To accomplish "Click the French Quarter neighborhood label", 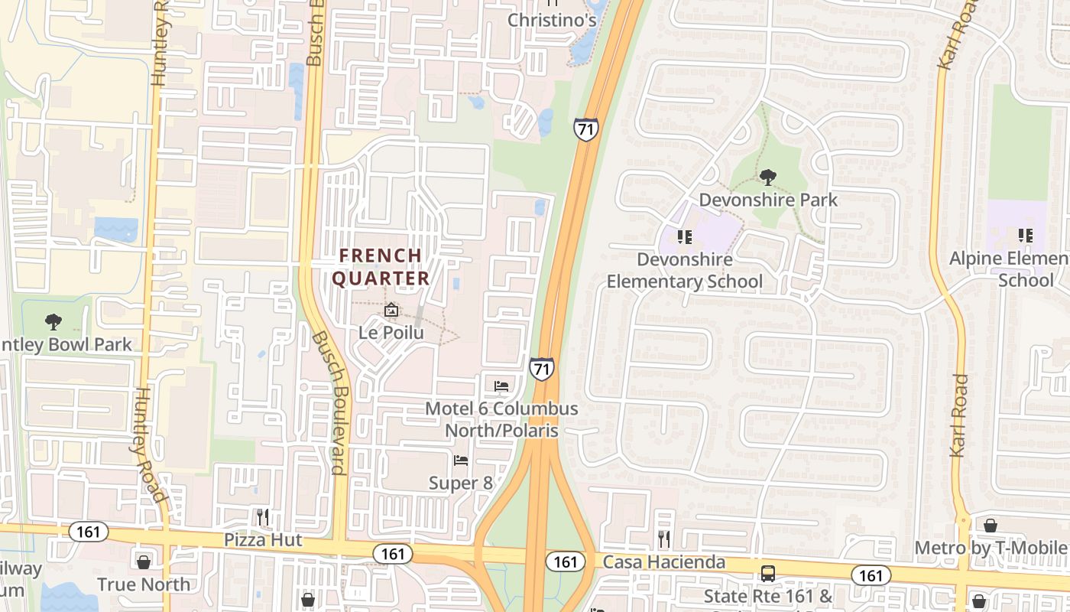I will click(x=381, y=266).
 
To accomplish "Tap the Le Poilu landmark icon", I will click(x=391, y=311).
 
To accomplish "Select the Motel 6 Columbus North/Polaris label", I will click(x=501, y=419).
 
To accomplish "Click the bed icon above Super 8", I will click(x=461, y=461).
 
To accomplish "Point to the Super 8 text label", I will click(x=460, y=483).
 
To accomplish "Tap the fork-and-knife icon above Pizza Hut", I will click(x=263, y=517).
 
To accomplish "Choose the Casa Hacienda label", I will click(x=663, y=562).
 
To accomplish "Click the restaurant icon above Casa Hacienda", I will click(x=663, y=539).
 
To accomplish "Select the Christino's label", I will click(x=552, y=20).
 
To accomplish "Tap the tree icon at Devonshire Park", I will click(x=768, y=177).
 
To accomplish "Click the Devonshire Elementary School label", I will click(x=684, y=271).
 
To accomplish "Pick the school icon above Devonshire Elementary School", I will click(x=684, y=236).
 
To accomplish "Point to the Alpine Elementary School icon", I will click(x=1025, y=236).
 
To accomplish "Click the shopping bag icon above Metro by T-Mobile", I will click(x=990, y=526).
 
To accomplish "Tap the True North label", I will click(x=144, y=584).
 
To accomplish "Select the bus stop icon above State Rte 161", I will click(x=767, y=574).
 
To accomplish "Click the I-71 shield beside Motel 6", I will click(x=541, y=369).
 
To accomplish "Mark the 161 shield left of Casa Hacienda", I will click(x=565, y=562).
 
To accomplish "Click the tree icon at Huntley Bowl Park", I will click(x=53, y=321).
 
